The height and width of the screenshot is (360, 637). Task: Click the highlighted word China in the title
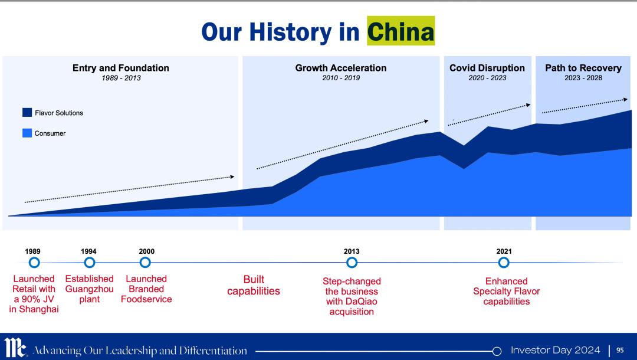400,31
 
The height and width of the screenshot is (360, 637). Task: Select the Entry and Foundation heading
121,68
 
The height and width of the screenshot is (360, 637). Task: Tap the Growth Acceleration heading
341,68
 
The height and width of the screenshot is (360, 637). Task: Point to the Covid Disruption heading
487,68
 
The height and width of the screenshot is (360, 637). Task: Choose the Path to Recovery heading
583,68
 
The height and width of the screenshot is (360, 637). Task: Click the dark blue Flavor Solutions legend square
27,113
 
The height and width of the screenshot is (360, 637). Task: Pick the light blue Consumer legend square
27,133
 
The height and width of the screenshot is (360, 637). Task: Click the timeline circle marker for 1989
34,263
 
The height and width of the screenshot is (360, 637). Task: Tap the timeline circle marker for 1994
90,263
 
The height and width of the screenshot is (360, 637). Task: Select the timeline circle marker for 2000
145,263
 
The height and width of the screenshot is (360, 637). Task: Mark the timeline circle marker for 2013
352,263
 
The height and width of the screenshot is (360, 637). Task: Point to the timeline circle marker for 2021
504,263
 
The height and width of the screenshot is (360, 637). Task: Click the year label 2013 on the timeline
352,251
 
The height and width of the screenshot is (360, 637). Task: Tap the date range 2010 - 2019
341,78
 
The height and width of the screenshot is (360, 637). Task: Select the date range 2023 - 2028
583,78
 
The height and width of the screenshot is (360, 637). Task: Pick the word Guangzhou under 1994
90,289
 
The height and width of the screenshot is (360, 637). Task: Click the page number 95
620,350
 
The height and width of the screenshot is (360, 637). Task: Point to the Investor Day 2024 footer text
556,350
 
